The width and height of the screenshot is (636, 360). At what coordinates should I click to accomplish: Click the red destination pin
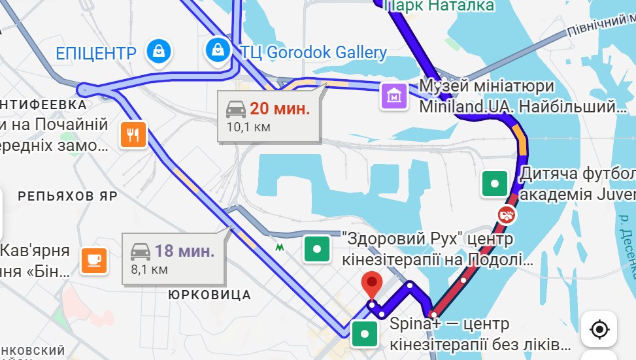click(x=372, y=284)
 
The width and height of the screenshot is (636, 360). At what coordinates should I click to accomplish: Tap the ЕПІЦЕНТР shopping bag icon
click(x=159, y=50)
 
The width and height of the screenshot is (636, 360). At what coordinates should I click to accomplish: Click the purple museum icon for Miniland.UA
click(x=394, y=97)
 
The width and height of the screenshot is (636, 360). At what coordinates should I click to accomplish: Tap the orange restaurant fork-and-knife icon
click(x=133, y=135)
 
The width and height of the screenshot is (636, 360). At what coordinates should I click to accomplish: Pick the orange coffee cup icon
click(x=93, y=260)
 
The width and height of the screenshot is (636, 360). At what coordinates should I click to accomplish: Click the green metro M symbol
click(x=280, y=248)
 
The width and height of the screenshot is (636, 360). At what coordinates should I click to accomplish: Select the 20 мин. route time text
click(x=279, y=108)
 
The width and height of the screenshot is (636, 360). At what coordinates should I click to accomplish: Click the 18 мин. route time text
click(x=184, y=250)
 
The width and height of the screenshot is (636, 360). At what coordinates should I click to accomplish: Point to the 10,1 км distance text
click(x=248, y=127)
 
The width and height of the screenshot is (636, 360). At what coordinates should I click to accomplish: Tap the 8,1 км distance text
click(x=150, y=268)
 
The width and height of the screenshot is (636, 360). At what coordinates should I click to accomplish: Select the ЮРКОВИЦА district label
click(x=209, y=295)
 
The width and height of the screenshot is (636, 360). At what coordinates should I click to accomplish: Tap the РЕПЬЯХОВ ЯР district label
click(x=67, y=196)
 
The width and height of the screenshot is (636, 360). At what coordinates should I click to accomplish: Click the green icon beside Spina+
click(x=364, y=334)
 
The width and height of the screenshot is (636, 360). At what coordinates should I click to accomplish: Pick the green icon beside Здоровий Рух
click(x=317, y=248)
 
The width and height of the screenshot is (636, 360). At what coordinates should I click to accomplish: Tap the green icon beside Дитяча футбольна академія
click(x=495, y=184)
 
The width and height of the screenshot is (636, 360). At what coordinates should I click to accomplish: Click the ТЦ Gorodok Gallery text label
click(x=313, y=52)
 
